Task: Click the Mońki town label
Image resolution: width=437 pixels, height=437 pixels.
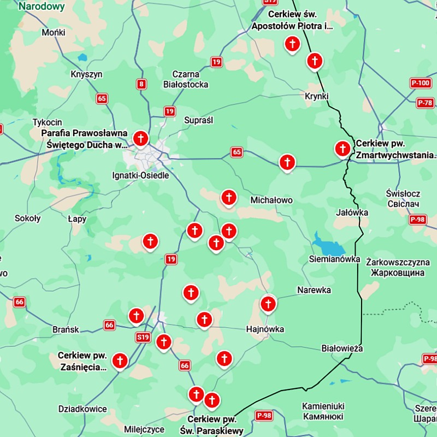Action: [54, 33]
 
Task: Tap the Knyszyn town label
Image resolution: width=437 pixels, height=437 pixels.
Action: [86, 74]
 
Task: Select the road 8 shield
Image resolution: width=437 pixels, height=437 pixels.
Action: [142, 84]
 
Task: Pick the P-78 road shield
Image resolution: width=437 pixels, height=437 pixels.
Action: [425, 103]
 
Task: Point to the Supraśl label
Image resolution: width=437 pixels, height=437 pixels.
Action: [199, 120]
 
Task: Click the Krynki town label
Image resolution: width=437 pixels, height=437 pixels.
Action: [317, 96]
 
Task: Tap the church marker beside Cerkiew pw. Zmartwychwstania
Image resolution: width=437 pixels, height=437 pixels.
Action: [342, 148]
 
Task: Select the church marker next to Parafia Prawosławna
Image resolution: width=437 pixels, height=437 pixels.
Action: [140, 139]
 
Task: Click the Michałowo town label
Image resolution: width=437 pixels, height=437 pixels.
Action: [271, 200]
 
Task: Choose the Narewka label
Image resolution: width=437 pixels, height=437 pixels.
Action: [314, 290]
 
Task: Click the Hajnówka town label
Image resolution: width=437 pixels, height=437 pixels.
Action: [265, 329]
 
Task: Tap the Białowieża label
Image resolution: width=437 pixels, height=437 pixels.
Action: [342, 348]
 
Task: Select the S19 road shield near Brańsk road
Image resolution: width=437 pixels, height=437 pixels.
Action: [143, 338]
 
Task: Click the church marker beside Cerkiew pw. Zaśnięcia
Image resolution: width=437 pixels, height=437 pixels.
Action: [120, 361]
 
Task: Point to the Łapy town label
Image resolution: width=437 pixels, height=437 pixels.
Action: [77, 218]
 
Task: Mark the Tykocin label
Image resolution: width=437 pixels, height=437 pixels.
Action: [48, 122]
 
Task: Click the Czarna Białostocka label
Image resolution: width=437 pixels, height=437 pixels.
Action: [186, 79]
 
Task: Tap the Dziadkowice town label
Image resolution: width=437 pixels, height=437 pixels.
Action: [82, 409]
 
